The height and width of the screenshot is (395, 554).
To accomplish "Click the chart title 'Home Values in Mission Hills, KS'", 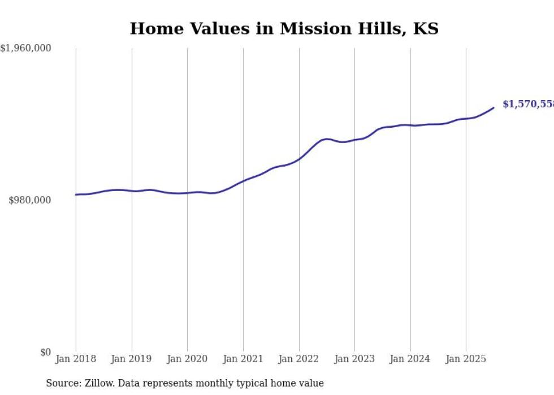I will click(x=284, y=28).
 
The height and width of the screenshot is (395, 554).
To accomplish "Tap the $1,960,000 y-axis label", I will click(x=26, y=49).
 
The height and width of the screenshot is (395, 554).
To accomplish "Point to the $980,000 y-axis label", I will click(x=30, y=200).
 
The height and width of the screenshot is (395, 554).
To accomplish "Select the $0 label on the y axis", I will click(x=45, y=352).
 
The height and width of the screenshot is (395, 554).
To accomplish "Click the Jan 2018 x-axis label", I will click(x=76, y=359).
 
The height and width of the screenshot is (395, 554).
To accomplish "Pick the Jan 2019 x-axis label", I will click(x=131, y=359).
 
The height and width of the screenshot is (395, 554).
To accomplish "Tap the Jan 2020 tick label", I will click(x=187, y=359).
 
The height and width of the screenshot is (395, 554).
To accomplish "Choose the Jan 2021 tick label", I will click(x=243, y=359).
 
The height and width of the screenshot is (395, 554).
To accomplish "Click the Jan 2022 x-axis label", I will click(x=298, y=359).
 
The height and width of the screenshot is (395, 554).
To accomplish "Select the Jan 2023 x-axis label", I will click(x=354, y=359).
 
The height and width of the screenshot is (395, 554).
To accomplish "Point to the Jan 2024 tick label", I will click(x=410, y=359).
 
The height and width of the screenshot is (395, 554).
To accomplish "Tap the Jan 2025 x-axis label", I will click(x=466, y=359).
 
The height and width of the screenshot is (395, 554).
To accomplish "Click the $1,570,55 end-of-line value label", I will click(x=527, y=104).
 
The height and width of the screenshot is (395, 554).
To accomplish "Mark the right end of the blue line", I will click(x=494, y=108).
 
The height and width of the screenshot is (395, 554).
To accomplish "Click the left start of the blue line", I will click(x=76, y=194).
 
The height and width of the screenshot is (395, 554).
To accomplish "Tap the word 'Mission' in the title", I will click(x=310, y=28).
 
